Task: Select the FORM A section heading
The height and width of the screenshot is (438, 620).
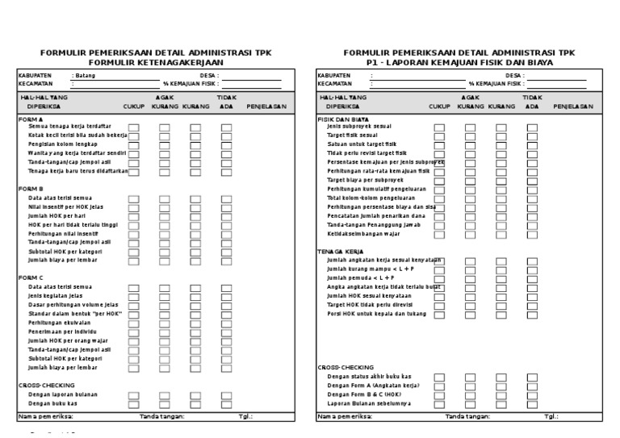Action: [x=31, y=119]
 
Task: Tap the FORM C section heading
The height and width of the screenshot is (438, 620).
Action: [x=31, y=277]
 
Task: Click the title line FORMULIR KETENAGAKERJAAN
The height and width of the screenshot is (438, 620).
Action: [x=156, y=62]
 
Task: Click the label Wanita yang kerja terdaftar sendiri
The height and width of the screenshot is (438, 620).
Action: [x=77, y=153]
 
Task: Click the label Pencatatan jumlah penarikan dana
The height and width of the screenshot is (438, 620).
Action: [x=376, y=216]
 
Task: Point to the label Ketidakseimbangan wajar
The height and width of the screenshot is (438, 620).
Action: [x=363, y=234]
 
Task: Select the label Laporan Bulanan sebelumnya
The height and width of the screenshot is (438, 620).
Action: [x=368, y=403]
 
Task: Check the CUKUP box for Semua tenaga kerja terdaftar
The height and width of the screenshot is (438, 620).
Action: [x=134, y=127]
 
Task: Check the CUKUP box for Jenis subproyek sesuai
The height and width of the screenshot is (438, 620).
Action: [x=439, y=127]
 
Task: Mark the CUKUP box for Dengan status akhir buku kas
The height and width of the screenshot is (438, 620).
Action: [x=439, y=377]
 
